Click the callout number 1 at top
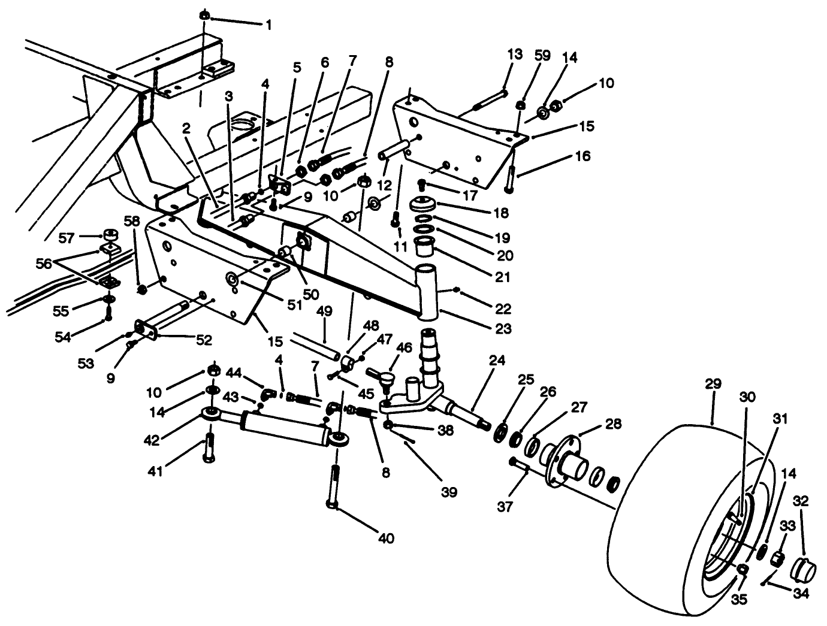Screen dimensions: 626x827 (x=269, y=25)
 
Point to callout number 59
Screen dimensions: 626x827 (x=542, y=55)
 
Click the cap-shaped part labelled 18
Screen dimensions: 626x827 (x=427, y=205)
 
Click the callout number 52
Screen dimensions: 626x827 (x=204, y=340)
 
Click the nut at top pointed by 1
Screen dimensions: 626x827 (x=204, y=15)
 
